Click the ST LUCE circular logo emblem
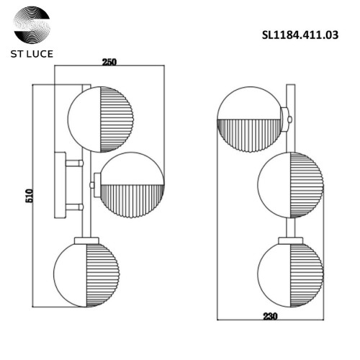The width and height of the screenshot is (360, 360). click(32, 24)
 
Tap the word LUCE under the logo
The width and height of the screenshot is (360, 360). click(40, 53)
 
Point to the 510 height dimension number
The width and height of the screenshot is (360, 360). click(30, 196)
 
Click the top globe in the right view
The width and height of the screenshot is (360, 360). click(249, 118)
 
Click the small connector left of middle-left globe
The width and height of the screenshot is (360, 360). click(94, 185)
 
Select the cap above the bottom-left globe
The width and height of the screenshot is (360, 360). click(86, 239)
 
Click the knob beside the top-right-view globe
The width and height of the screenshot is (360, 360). click(287, 115)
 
